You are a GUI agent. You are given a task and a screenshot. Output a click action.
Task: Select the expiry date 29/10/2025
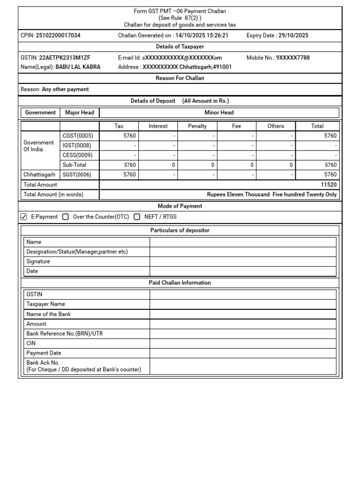[x=293, y=36]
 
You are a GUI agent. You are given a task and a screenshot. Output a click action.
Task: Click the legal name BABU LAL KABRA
[x=78, y=67]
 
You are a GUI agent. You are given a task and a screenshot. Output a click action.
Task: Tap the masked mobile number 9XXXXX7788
[x=292, y=58]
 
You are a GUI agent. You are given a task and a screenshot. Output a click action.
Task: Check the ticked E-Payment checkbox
[x=24, y=217]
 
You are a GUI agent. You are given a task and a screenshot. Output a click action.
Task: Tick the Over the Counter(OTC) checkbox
[x=66, y=217]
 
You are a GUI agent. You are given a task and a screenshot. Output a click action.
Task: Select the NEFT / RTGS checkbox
[x=137, y=217]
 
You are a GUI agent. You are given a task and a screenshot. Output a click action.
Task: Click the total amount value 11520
[x=329, y=185]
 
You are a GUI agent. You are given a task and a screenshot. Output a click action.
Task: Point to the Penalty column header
[x=197, y=126]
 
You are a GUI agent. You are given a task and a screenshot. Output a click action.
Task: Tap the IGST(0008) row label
[x=77, y=146]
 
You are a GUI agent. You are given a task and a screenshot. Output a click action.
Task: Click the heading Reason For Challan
[x=180, y=78]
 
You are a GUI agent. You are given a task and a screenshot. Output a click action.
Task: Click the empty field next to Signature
[x=243, y=262]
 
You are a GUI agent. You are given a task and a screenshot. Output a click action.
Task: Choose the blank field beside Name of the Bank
[x=243, y=315]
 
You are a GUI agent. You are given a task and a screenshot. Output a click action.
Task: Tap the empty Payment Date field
[x=243, y=353]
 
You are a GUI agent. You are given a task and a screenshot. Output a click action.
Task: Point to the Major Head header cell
[x=80, y=112]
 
